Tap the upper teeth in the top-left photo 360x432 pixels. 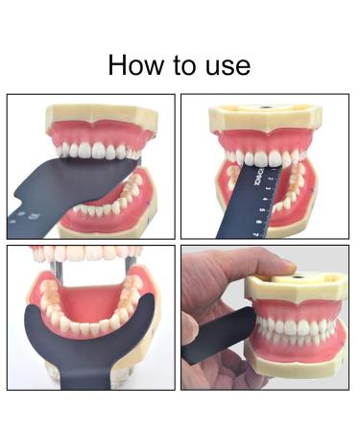[x=96, y=152]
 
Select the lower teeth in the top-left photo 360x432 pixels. [x=106, y=204]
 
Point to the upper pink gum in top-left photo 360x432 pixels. [x=96, y=132]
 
